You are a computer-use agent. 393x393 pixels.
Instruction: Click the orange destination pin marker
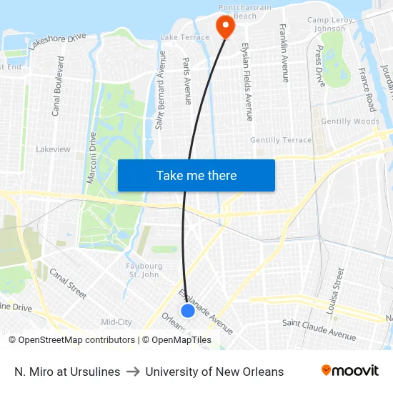(225, 26)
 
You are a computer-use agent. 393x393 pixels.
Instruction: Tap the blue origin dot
(188, 311)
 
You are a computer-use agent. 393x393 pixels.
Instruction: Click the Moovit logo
(350, 371)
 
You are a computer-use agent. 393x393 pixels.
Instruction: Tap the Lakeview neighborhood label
(53, 149)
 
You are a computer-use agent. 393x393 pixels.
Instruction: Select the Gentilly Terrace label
(281, 140)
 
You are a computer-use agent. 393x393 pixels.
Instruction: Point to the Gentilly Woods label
(350, 121)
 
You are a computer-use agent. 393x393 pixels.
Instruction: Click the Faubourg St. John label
(144, 270)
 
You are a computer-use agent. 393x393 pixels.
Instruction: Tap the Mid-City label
(116, 322)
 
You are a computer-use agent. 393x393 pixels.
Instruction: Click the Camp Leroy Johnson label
(329, 24)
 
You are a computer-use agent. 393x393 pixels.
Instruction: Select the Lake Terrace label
(185, 36)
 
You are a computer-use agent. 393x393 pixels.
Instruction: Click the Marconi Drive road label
(91, 157)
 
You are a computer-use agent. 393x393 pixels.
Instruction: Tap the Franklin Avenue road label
(284, 53)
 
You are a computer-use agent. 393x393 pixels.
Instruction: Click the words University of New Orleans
(214, 372)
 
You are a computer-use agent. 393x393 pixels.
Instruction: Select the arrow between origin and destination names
(133, 372)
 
